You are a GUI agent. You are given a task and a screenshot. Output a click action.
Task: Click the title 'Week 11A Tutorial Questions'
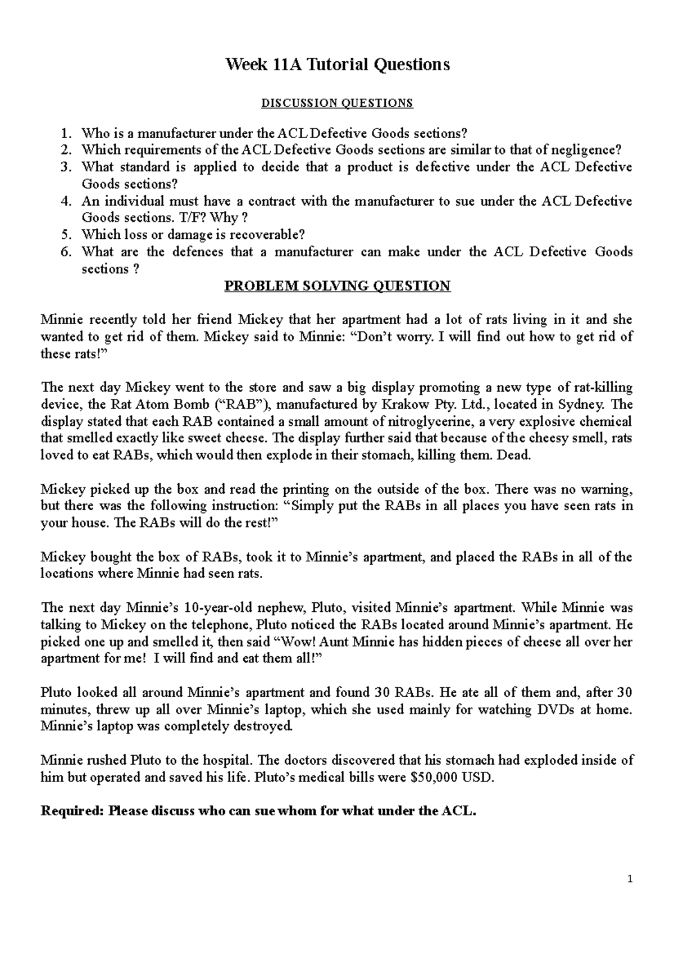pyautogui.click(x=337, y=65)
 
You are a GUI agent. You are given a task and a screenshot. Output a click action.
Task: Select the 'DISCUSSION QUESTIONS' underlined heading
pyautogui.click(x=337, y=103)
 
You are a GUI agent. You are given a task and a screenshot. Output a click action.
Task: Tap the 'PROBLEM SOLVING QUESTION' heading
pyautogui.click(x=337, y=286)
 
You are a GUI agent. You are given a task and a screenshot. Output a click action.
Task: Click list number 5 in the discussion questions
pyautogui.click(x=66, y=235)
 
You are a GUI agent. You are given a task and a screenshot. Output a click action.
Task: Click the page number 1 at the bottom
pyautogui.click(x=631, y=895)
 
